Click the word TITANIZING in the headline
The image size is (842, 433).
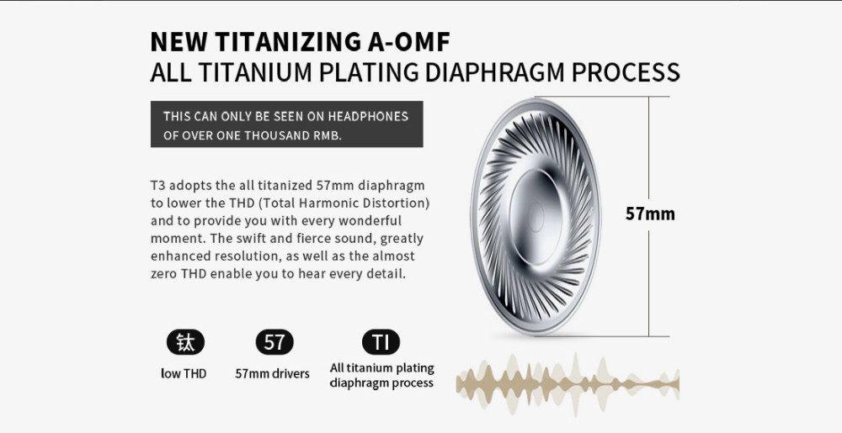[x=289, y=42]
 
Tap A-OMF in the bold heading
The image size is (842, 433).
[x=409, y=42]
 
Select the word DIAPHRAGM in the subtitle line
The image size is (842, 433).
[x=494, y=72]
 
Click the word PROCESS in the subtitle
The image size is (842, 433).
[x=626, y=72]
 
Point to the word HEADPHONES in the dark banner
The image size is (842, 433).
[x=369, y=116]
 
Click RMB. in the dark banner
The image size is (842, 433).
[x=328, y=135]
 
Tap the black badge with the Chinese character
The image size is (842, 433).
[x=185, y=342]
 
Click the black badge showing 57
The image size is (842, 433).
[x=274, y=342]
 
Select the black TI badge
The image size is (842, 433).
[x=381, y=342]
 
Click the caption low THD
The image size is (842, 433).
[x=184, y=373]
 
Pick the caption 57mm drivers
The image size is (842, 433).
[x=272, y=373]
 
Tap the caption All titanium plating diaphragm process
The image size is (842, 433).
[x=381, y=375]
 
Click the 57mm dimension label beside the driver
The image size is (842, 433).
[x=650, y=214]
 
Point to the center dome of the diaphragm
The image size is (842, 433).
[x=536, y=217]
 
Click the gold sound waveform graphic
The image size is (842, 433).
[x=568, y=383]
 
